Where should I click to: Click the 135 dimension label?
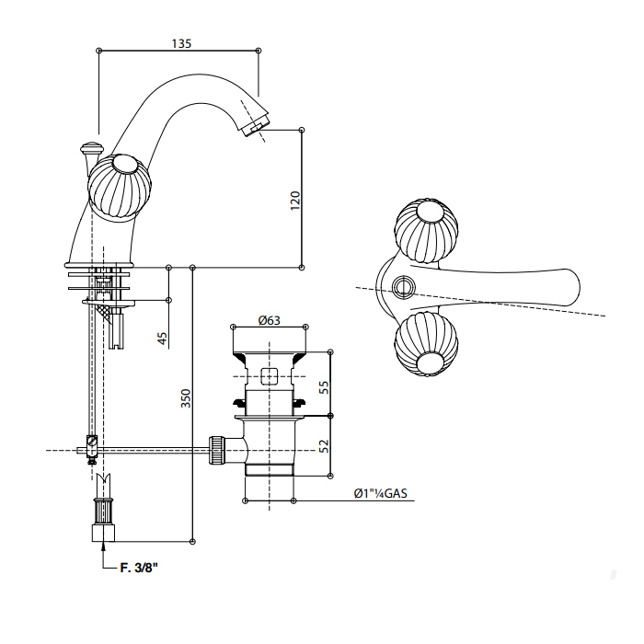pos(182,42)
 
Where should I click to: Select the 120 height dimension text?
pos(294,200)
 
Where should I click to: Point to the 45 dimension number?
pos(163,338)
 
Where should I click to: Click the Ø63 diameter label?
pos(269,320)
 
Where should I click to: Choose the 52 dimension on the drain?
pos(323,445)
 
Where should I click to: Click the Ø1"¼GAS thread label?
pos(379,494)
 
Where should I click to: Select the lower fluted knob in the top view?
pos(425,346)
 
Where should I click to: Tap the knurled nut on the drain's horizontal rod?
pos(218,450)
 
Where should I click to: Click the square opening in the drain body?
pos(270,375)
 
